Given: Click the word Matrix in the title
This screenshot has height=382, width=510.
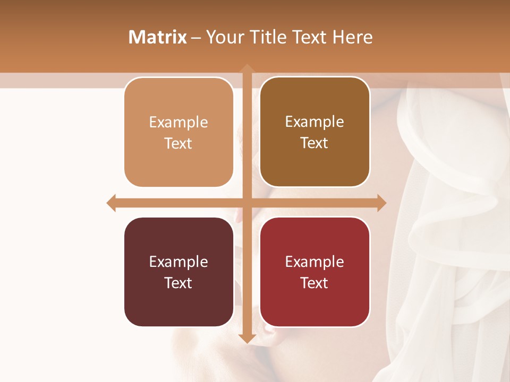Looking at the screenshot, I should pos(157,37).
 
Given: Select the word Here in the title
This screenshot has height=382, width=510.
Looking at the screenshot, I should pos(352,37).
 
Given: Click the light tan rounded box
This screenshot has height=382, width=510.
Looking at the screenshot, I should pos(178,132).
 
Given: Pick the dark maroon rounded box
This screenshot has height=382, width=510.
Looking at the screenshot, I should pos(178,272).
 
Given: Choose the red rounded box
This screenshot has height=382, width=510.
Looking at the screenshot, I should pos(314,272).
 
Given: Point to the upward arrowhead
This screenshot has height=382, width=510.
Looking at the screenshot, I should pos(246,69).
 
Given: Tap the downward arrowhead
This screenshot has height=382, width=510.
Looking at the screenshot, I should pos(246,338).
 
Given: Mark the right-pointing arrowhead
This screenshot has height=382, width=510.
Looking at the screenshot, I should pos(381,203).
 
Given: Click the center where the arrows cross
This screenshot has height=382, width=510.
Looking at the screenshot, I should pos(246,203).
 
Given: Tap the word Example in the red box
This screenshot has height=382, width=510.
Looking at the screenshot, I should pos(314,262).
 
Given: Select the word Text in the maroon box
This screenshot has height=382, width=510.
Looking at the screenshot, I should pos(178,283).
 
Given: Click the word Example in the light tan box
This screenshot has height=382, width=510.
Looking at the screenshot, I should pos(178,122).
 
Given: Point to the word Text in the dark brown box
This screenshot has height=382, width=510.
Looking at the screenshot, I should pos(314,143).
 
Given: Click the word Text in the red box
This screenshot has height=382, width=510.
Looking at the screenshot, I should pos(314,283).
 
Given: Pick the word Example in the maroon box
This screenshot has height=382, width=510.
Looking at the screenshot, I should pos(178,262).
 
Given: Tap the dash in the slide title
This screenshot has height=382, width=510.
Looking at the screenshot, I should pos(196,38).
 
